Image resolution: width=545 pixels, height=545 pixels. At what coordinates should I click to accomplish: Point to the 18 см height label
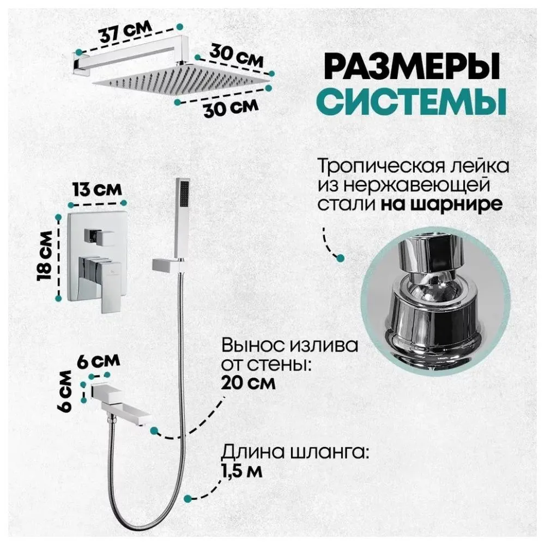pyautogui.click(x=46, y=256)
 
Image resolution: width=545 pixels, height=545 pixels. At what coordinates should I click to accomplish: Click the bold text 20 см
pyautogui.click(x=248, y=383)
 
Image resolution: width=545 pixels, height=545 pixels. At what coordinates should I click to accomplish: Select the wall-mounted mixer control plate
pyautogui.click(x=98, y=262)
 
